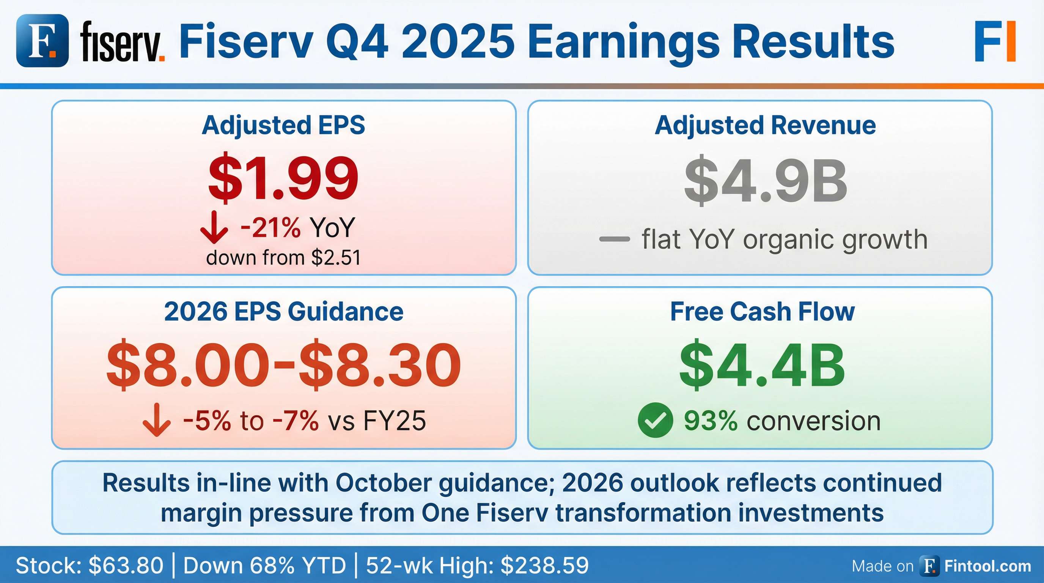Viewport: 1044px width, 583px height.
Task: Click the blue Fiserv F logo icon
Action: point(42,40)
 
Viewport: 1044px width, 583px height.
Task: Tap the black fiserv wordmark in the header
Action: point(123,42)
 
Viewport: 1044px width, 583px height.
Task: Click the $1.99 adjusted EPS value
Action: point(283,178)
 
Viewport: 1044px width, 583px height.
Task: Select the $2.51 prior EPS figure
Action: point(336,257)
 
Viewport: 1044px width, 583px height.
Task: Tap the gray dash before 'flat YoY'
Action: point(615,239)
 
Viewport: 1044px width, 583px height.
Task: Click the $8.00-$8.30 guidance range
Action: point(283,364)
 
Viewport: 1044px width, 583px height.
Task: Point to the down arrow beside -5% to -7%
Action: point(156,420)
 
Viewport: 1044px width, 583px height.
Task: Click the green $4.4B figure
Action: point(762,365)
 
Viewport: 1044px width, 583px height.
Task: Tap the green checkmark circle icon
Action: point(655,420)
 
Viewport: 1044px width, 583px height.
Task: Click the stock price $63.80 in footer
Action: point(126,565)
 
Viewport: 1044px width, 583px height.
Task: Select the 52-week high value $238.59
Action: point(545,565)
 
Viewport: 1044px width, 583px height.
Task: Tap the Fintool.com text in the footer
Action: point(988,566)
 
